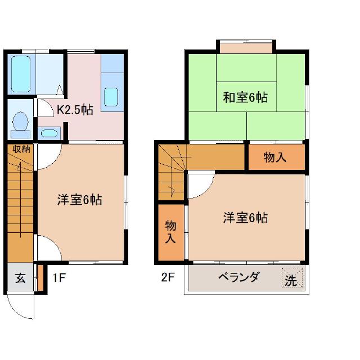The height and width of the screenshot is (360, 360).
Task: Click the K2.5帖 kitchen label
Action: tap(74, 110)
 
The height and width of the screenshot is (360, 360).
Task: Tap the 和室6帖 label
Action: tap(245, 97)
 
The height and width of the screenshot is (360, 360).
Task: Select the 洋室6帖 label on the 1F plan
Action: tap(79, 200)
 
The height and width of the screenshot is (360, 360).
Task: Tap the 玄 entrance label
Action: tap(20, 277)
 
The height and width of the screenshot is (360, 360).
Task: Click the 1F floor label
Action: tap(60, 277)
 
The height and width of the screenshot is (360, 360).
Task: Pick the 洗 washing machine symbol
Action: tap(291, 278)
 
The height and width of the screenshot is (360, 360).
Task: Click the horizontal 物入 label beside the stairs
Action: tap(276, 158)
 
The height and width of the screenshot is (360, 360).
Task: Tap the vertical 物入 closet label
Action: tap(170, 232)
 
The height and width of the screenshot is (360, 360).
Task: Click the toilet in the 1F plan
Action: tap(21, 123)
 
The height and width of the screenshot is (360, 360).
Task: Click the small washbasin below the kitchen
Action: tap(49, 134)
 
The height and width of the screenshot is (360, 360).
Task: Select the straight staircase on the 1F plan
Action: tap(21, 202)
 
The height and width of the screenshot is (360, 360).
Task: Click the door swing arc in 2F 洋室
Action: tap(200, 186)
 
